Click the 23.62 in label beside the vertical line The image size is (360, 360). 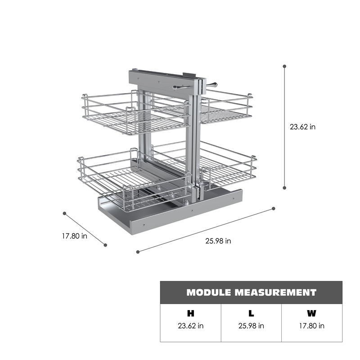(302, 127)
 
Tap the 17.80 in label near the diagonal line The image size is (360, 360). (75, 236)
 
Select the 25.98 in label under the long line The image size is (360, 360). (218, 241)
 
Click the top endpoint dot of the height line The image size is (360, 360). (284, 66)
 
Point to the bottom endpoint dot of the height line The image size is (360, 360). (284, 188)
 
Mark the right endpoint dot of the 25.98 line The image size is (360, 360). (274, 208)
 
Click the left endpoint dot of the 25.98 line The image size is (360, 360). (138, 252)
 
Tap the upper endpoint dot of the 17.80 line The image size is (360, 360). (64, 213)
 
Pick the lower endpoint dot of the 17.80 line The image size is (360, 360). (105, 245)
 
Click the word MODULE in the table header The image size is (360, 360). (209, 292)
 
